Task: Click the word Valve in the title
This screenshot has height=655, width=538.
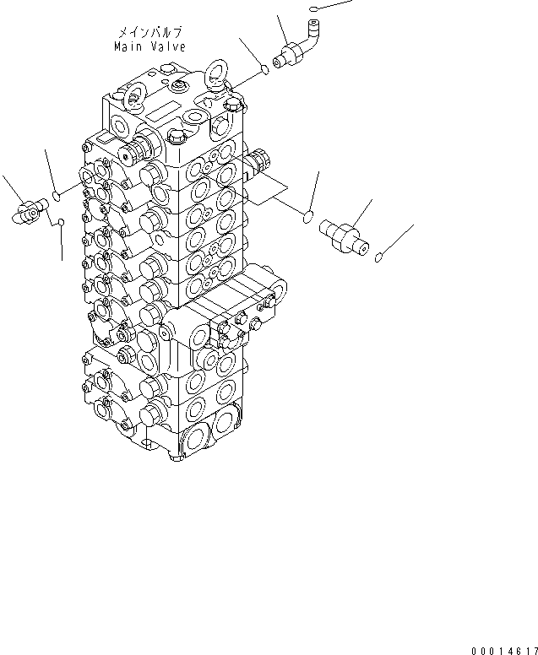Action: tap(167, 46)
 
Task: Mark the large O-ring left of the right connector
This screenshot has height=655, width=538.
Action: tap(309, 219)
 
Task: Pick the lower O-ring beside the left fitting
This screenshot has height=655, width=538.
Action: tap(61, 222)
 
